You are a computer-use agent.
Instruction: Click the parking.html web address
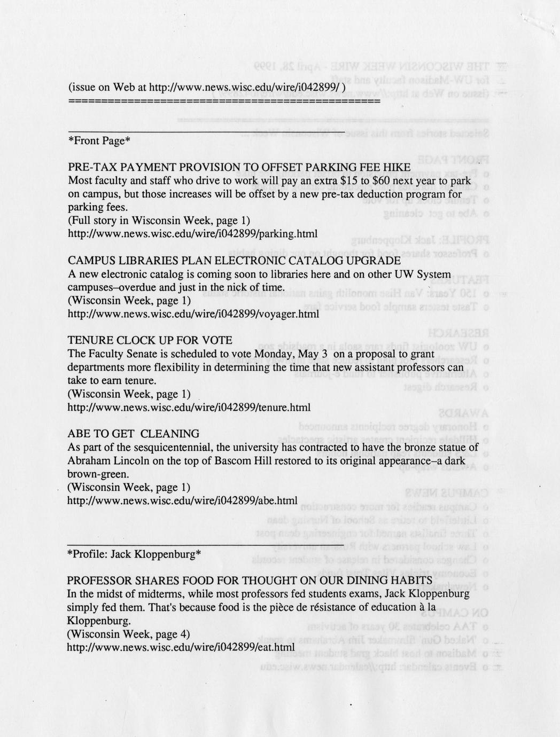point(193,234)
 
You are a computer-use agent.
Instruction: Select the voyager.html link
point(194,314)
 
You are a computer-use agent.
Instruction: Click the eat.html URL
point(181,647)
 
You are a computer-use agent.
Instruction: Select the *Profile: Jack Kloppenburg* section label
point(134,554)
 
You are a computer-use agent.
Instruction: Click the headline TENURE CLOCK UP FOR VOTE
point(150,341)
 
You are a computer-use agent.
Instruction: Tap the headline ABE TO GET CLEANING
point(134,434)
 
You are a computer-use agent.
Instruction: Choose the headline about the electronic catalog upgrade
point(235,261)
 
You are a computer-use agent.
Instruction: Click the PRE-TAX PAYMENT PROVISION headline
point(239,167)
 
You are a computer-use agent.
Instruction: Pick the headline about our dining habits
point(250,581)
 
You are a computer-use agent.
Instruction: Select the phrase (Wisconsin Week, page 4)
point(129,634)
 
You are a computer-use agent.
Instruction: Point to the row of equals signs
point(224,101)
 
